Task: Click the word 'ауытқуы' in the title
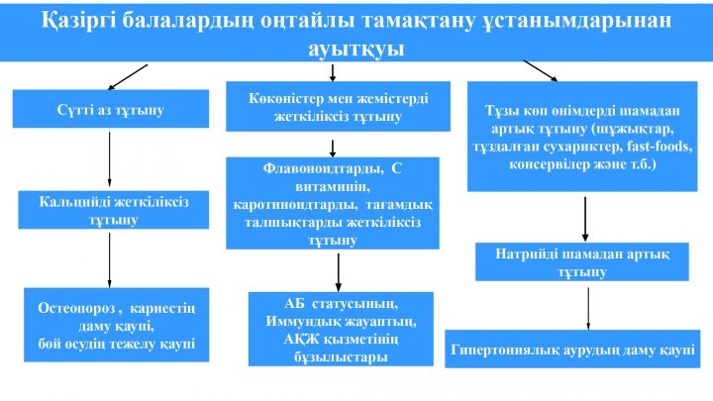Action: pos(356,49)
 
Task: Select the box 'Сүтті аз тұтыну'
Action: pos(111,109)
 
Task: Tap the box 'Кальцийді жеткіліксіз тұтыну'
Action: pos(114,210)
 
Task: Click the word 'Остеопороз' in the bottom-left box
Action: pos(76,308)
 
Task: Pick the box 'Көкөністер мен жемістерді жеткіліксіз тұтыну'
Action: pos(339,106)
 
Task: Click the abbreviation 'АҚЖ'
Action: pos(298,339)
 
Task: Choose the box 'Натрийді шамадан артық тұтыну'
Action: pos(582,261)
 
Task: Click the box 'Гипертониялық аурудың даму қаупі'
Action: pos(572,350)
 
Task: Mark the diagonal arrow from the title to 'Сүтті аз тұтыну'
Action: pos(128,77)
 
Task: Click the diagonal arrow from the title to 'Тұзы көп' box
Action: pos(541,71)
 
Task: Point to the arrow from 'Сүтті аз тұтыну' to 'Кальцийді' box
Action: pos(109,159)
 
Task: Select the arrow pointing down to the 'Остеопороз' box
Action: pos(109,260)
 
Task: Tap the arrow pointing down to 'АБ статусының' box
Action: pos(339,272)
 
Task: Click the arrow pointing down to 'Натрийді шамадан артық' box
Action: pos(585,219)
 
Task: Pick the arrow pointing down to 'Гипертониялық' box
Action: pos(588,309)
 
